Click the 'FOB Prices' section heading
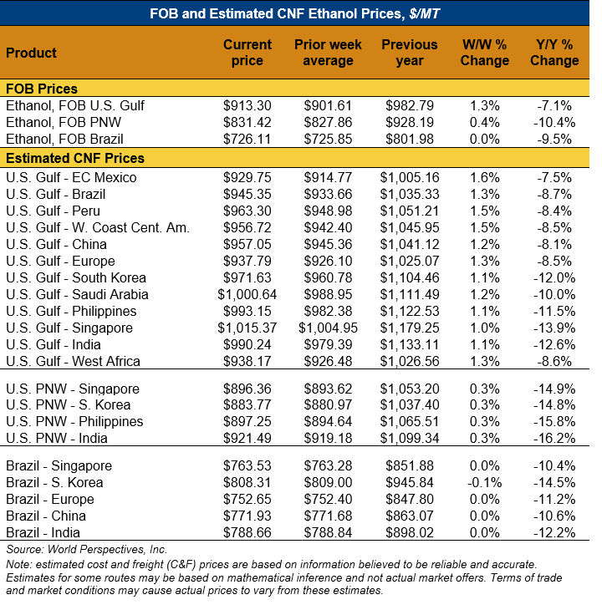pyautogui.click(x=42, y=89)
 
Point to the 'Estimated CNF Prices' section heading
pyautogui.click(x=75, y=158)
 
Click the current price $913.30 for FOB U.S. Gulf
pyautogui.click(x=247, y=106)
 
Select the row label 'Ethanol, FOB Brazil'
pyautogui.click(x=64, y=140)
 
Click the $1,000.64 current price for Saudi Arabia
pyautogui.click(x=245, y=294)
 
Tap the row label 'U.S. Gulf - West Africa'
pyautogui.click(x=73, y=361)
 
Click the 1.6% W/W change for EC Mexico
pyautogui.click(x=485, y=177)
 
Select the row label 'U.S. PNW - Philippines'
pyautogui.click(x=74, y=422)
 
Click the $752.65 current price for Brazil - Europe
pyautogui.click(x=247, y=499)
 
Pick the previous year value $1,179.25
pyautogui.click(x=410, y=328)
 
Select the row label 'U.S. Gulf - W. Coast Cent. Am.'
pyautogui.click(x=97, y=227)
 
